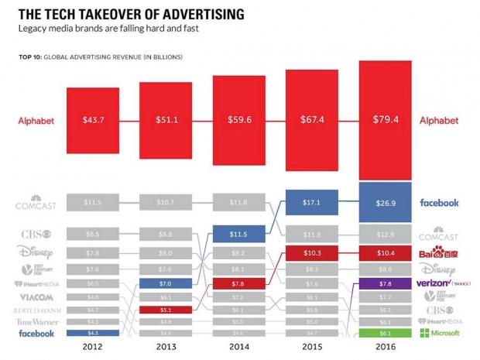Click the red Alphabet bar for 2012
pyautogui.click(x=93, y=122)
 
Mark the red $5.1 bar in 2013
pyautogui.click(x=166, y=310)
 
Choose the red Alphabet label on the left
pyautogui.click(x=37, y=121)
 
